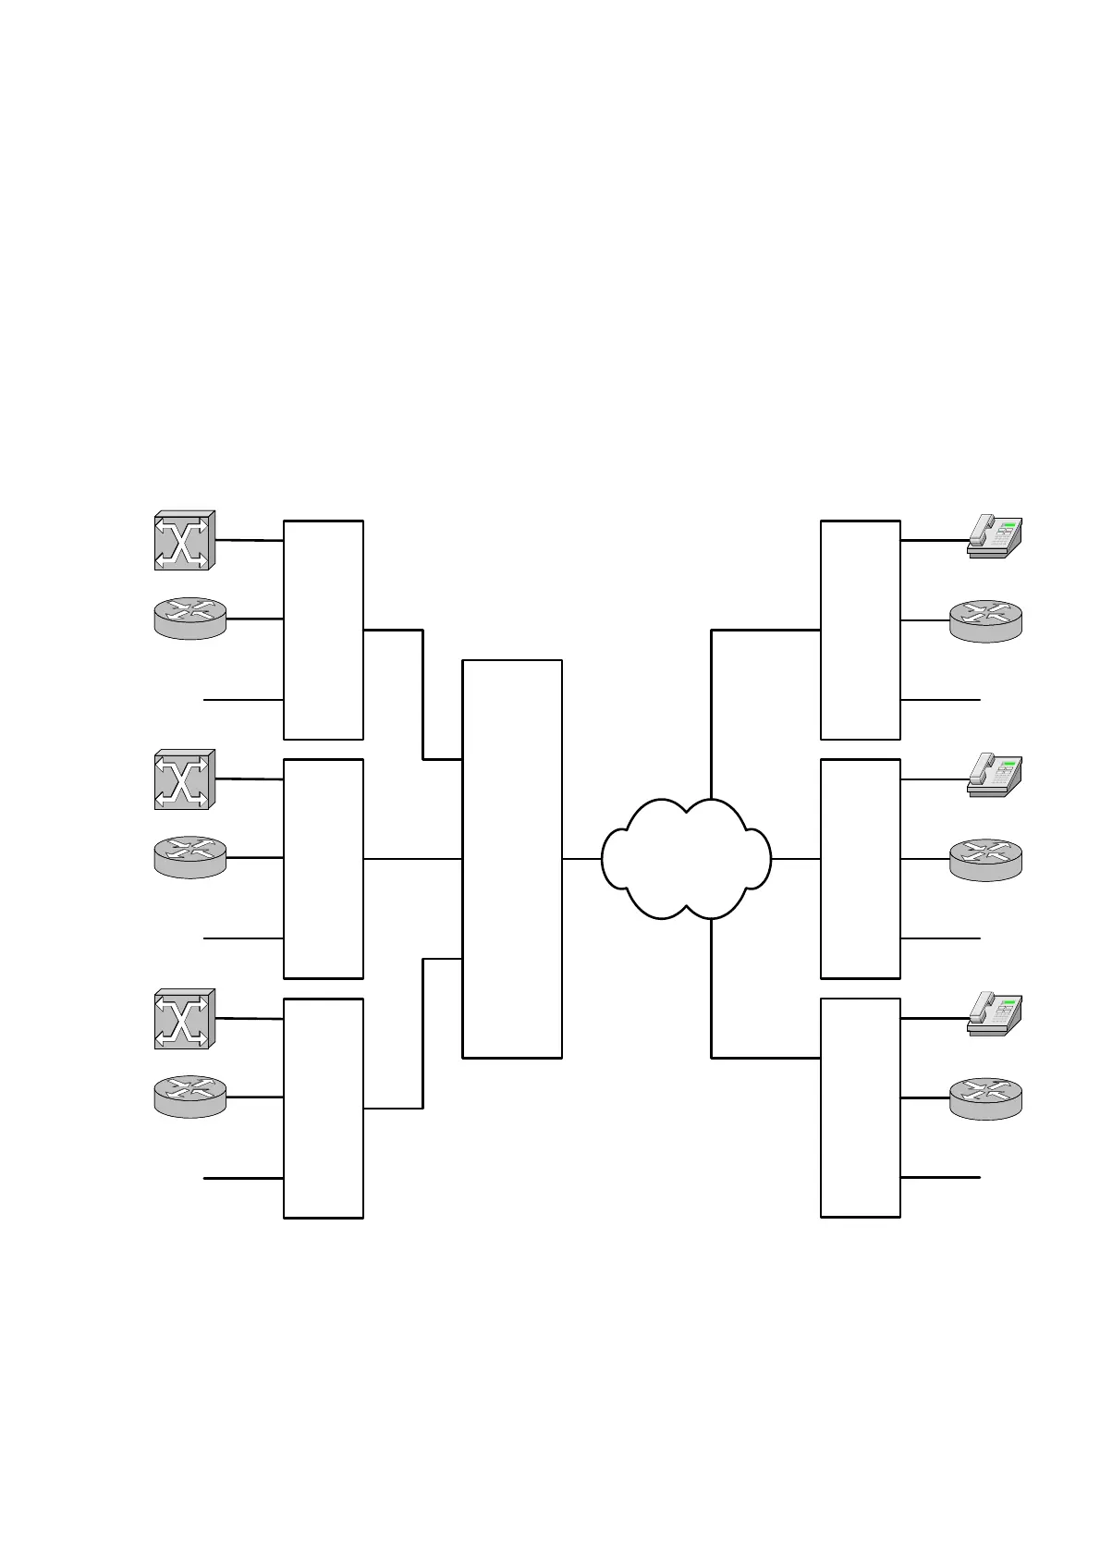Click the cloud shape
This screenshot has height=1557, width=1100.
coord(685,859)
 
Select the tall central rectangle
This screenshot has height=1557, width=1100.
coord(511,858)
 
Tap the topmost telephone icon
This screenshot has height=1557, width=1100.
coord(994,536)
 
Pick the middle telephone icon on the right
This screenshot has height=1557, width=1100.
coord(994,775)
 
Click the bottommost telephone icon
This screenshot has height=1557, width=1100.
coord(994,1013)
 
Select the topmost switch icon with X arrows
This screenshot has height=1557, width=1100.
coord(184,540)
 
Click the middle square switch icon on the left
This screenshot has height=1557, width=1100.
coord(184,779)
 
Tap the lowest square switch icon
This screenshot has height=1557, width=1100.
coord(184,1018)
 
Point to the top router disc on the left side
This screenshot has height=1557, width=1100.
coord(189,618)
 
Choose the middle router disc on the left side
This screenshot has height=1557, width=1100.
coord(189,857)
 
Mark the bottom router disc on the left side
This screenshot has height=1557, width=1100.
coord(189,1097)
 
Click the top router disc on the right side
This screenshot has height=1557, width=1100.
coord(985,619)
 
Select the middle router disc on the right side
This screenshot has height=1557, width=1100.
coord(985,859)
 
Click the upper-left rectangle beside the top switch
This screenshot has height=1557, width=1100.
coord(323,630)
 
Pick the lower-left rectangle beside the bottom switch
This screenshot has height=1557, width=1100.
coord(323,1108)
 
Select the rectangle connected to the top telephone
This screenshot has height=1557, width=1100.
coord(860,630)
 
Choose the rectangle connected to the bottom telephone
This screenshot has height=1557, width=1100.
coord(860,1108)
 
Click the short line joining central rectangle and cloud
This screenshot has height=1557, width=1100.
coord(581,859)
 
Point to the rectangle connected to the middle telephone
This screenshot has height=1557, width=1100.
coord(860,868)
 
